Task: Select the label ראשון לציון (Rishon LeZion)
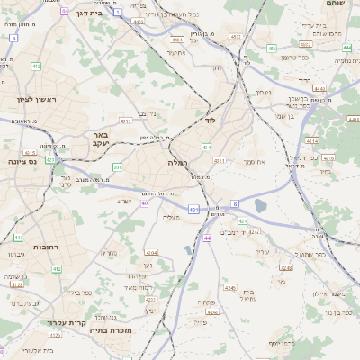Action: tap(34, 100)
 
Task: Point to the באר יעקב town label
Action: tap(100, 139)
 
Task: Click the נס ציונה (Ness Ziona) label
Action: tap(20, 161)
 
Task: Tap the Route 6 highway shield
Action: tap(235, 204)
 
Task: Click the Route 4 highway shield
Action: tap(13, 40)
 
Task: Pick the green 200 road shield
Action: tap(117, 167)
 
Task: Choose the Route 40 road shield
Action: tap(145, 203)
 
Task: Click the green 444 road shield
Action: tap(347, 47)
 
